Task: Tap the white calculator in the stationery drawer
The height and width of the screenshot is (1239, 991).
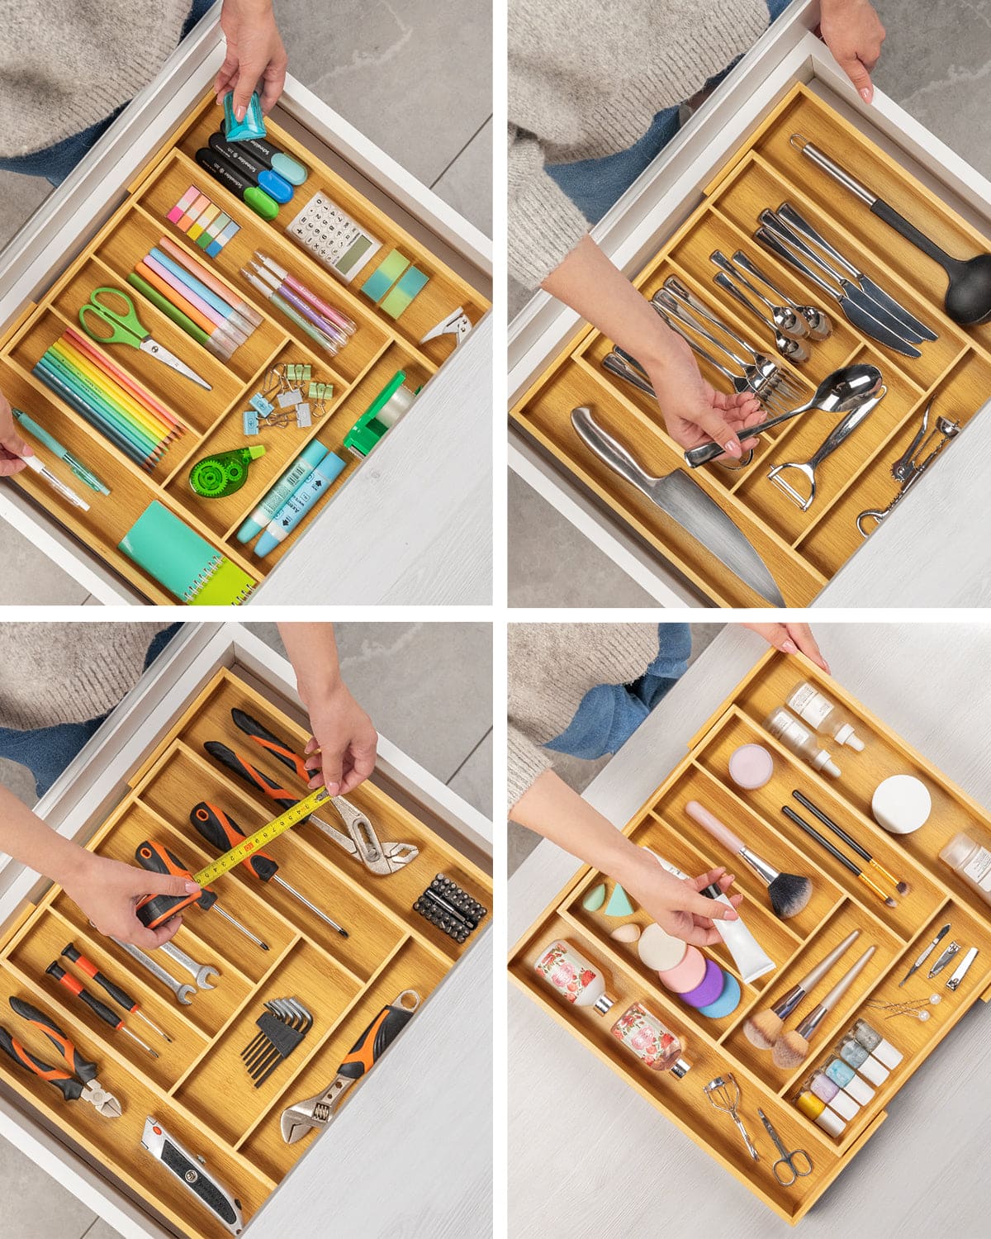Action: click(334, 235)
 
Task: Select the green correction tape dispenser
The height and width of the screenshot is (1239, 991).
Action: click(218, 472)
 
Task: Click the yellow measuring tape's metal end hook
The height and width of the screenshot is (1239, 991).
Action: click(324, 795)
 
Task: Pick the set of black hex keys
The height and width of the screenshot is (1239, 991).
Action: click(277, 1028)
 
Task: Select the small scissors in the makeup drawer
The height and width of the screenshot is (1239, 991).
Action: click(785, 1148)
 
